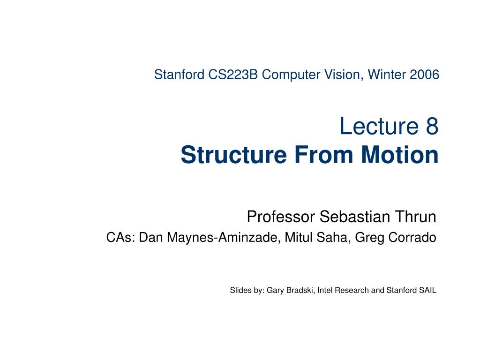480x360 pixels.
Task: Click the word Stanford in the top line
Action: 179,75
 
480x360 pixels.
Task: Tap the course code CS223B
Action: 233,75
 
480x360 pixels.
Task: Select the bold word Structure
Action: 234,155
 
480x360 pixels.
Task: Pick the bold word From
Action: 324,155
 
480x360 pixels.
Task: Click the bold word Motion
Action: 400,155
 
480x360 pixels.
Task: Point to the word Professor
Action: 281,217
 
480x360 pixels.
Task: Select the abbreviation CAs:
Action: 120,237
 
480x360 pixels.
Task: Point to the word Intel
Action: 324,290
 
